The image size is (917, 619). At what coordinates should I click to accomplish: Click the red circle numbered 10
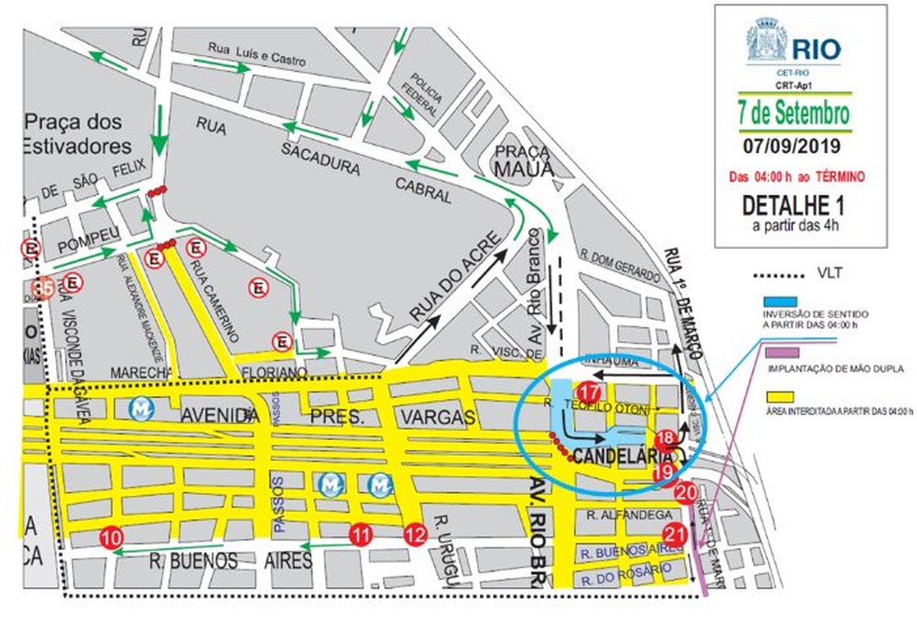click(x=111, y=537)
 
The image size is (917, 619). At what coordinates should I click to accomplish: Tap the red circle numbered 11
click(x=361, y=534)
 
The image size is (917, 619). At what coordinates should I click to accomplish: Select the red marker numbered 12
click(x=416, y=534)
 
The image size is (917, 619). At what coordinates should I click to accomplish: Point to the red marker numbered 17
click(x=588, y=392)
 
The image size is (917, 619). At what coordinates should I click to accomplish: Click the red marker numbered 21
click(x=675, y=533)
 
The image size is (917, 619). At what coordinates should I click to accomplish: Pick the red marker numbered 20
click(x=686, y=492)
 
